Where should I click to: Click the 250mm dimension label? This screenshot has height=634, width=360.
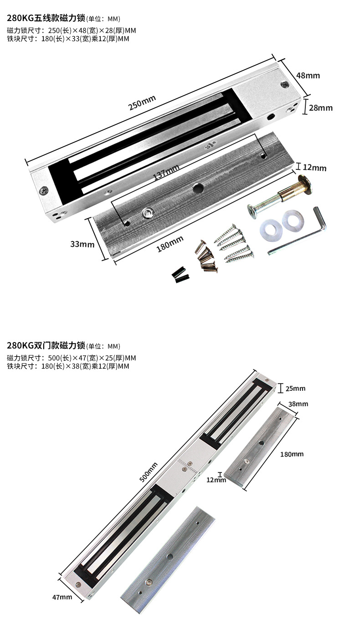pos(142,103)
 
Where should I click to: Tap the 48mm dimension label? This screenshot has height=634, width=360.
pos(308,75)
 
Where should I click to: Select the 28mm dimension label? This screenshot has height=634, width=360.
pos(321,108)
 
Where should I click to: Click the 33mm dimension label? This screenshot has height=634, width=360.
pos(82,244)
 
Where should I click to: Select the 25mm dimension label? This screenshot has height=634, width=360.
pos(295,389)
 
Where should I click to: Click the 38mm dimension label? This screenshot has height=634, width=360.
pos(298,404)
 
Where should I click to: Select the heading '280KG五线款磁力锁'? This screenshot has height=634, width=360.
pos(46,19)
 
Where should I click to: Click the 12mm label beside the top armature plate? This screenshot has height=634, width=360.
pos(314,168)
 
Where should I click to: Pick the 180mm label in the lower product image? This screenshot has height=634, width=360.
pos(292,454)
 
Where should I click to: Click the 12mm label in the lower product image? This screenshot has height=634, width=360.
pos(216,480)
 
